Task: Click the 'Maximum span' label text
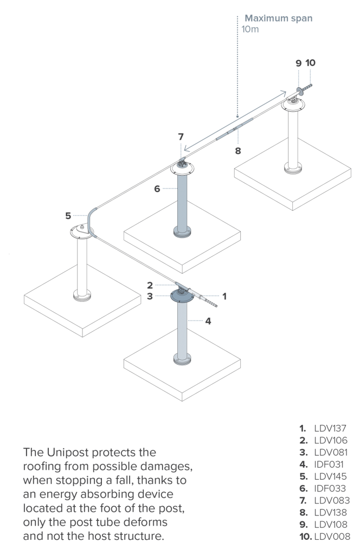click(278, 18)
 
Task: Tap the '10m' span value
click(250, 29)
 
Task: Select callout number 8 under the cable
click(237, 150)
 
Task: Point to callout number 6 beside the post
click(157, 188)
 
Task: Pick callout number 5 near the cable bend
click(68, 215)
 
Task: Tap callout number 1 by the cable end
click(224, 296)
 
